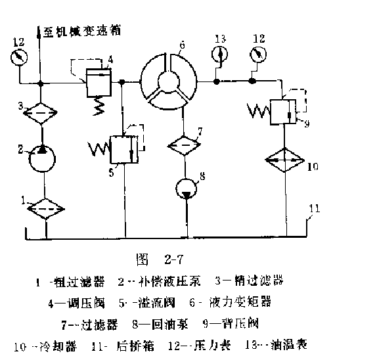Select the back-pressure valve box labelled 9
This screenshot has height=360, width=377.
pos(284,110)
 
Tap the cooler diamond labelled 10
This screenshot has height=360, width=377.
pos(286,161)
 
